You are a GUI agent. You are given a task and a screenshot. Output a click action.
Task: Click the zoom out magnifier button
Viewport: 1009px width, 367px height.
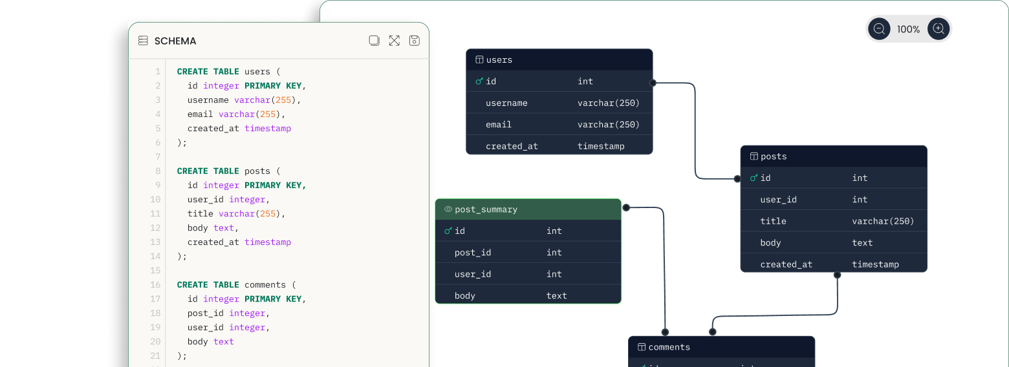coord(879,29)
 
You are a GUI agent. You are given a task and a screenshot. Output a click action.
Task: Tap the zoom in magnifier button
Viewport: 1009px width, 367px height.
coord(938,29)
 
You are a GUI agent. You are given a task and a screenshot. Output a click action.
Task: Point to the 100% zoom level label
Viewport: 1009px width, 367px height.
coord(908,29)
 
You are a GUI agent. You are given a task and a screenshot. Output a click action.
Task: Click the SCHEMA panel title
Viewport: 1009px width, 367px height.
coord(175,41)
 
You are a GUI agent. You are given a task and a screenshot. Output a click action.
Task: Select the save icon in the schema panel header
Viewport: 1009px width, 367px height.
coord(415,41)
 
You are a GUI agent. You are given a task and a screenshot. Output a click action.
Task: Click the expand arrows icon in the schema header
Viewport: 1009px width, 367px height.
coord(394,41)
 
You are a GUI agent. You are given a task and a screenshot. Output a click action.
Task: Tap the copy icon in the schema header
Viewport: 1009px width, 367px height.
coord(374,41)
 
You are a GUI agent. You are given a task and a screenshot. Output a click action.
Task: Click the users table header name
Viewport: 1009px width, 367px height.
coord(499,59)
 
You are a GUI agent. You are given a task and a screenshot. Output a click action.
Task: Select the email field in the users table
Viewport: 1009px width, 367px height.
coord(498,124)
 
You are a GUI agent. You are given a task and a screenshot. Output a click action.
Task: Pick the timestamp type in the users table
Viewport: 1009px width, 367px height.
coord(601,146)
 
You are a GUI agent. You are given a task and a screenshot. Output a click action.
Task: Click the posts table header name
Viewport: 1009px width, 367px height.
coord(774,156)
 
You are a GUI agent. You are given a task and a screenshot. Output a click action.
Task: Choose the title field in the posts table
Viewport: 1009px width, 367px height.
coord(773,221)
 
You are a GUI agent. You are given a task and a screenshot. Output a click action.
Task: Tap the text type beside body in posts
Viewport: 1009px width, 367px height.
coord(862,243)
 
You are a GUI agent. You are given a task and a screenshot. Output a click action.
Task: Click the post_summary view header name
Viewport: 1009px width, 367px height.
coord(486,209)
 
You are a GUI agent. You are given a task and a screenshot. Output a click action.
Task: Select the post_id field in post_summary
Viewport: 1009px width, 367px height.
coord(472,253)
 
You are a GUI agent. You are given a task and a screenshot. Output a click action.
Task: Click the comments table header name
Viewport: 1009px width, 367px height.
coord(669,347)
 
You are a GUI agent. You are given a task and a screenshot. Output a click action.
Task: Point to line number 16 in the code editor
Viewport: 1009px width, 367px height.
coord(155,285)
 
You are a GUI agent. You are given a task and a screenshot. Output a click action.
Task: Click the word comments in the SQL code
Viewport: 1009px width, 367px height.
coord(265,285)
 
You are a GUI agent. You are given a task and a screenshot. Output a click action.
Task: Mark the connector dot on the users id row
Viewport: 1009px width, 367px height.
coord(653,83)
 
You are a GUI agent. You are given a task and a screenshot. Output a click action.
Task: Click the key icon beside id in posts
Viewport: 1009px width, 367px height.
coord(754,178)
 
